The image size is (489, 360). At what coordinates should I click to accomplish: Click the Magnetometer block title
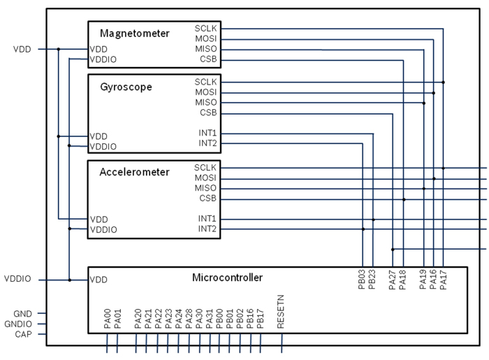coord(134,34)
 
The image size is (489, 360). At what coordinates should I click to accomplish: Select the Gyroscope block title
coord(126,87)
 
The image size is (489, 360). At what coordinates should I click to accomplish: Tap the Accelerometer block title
coord(134,172)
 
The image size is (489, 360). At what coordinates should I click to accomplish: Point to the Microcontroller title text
coord(227,278)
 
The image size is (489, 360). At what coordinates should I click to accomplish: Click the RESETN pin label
coord(281,312)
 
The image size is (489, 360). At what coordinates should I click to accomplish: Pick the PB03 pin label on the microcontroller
coord(362,280)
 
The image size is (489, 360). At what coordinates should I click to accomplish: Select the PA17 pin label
coord(444,280)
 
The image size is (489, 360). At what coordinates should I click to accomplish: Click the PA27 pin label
coord(393,280)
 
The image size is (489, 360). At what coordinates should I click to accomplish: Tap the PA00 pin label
coord(108,319)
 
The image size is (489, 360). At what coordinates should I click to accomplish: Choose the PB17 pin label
coord(261,319)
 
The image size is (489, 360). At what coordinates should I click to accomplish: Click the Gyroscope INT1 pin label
coord(207,133)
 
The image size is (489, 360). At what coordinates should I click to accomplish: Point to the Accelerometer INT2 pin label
coord(207,229)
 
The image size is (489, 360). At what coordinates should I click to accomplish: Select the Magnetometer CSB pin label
coord(208,59)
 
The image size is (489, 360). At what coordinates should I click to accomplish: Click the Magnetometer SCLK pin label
coord(205,29)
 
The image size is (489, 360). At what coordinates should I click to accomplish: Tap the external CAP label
coord(23,334)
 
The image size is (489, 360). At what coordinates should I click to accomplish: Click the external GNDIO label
coord(18,324)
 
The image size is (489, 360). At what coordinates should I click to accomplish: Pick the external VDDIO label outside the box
coord(17,279)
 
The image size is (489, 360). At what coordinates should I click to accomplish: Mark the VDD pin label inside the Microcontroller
coord(98,280)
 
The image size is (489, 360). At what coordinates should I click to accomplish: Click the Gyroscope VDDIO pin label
coord(103,146)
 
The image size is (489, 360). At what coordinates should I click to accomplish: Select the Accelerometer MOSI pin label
coord(205,178)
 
